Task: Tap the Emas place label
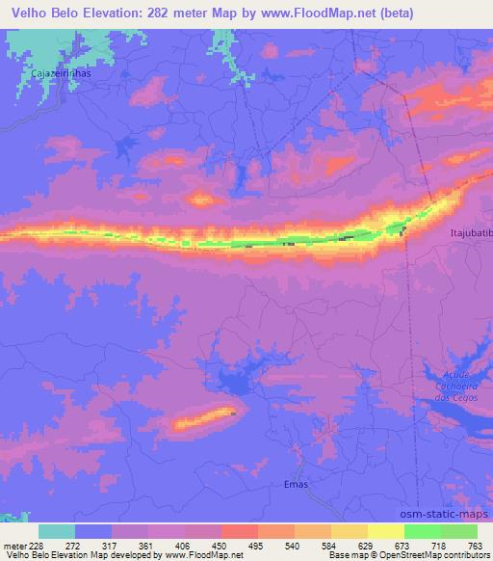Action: (x=297, y=484)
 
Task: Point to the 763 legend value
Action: (x=476, y=546)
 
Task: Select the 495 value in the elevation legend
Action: (x=256, y=546)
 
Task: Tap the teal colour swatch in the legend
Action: (x=58, y=531)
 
